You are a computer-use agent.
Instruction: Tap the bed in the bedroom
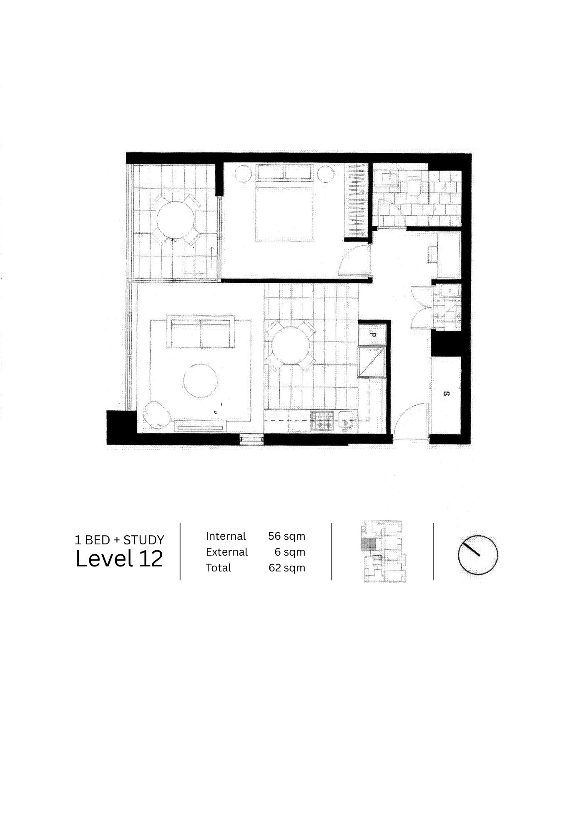[284, 203]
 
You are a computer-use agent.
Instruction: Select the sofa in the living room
[201, 332]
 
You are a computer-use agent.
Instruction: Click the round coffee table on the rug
[200, 381]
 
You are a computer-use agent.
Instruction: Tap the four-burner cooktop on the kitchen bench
[323, 421]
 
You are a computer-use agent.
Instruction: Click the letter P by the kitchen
[374, 334]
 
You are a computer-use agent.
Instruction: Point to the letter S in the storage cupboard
[446, 394]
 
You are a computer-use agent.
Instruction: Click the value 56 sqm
[287, 536]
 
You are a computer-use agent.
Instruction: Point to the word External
[227, 552]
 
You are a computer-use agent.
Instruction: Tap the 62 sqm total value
[287, 568]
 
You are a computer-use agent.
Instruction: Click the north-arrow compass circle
[478, 555]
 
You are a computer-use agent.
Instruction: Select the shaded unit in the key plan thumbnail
[368, 544]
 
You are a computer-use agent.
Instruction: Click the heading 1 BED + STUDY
[120, 540]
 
